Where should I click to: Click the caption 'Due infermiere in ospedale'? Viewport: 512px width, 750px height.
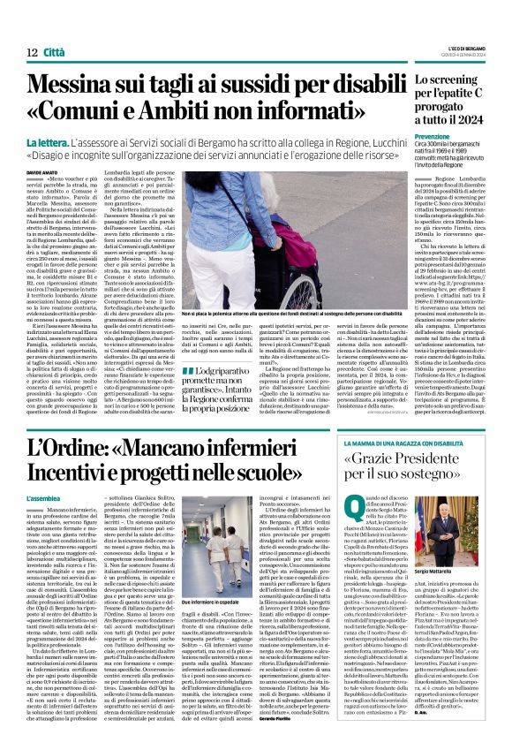pos(207,602)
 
